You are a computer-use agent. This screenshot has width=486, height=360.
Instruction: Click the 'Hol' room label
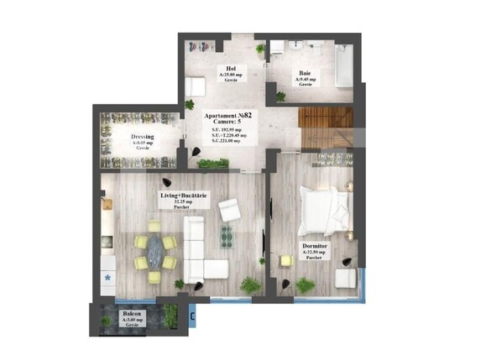click(x=225, y=69)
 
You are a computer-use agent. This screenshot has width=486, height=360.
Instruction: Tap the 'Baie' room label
click(x=306, y=74)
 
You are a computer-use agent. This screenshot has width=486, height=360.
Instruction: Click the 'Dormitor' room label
click(x=315, y=246)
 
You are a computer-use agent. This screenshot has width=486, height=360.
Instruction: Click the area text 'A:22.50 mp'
click(x=315, y=253)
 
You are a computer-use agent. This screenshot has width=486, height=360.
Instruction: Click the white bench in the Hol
click(x=196, y=86)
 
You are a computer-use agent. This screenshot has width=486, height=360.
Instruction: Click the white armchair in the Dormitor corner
click(x=345, y=277)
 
